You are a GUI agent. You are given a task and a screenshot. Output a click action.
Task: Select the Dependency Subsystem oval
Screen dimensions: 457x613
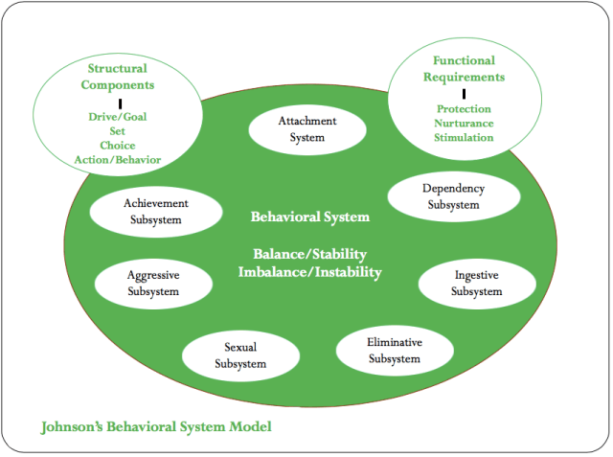click(x=453, y=196)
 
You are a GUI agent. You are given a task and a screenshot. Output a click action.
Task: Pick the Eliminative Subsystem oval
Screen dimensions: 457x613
click(x=394, y=350)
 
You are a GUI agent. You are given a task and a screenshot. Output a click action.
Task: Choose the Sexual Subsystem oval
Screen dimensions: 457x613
click(x=239, y=354)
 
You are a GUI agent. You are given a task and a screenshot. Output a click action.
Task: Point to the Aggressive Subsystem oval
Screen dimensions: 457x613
click(x=152, y=283)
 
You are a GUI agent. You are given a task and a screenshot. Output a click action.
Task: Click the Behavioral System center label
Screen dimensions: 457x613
click(x=309, y=217)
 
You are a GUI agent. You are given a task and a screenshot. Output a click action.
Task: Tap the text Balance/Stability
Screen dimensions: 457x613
click(x=310, y=256)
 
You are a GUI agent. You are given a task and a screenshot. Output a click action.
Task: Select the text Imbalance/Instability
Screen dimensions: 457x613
click(x=310, y=272)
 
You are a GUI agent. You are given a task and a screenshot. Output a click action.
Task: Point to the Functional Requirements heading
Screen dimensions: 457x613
click(x=463, y=69)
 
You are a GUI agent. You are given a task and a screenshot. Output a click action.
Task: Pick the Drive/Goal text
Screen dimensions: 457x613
click(x=118, y=117)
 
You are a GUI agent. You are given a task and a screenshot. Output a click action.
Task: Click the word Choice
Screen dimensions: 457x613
click(x=118, y=146)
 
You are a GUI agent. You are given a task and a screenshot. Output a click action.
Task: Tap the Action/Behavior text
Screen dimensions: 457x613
click(x=118, y=160)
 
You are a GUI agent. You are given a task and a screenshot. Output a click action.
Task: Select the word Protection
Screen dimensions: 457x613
click(x=463, y=109)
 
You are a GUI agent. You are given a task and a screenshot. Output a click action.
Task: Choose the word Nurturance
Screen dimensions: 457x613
click(x=463, y=124)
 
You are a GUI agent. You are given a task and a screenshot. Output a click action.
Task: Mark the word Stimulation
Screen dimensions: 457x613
click(x=463, y=138)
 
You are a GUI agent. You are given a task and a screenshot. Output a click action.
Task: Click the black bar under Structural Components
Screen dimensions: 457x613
click(x=120, y=102)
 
